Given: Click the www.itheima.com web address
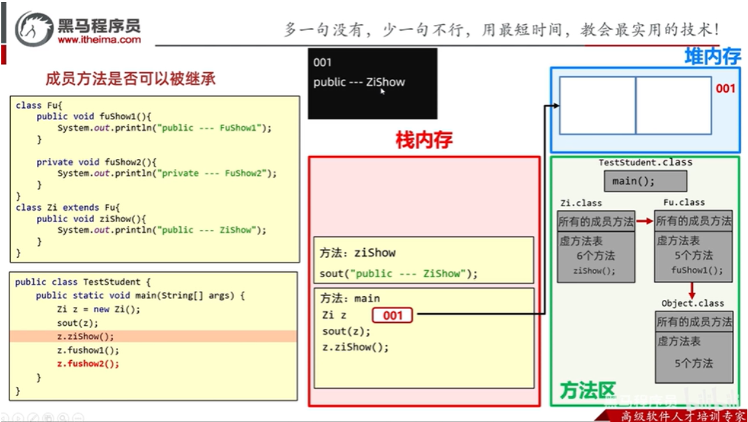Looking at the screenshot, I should [99, 40].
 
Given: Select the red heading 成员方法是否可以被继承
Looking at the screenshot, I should [130, 79].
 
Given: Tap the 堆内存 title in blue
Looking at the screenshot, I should [712, 56].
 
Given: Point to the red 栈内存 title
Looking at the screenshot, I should [424, 140].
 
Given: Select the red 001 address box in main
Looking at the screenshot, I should [392, 315].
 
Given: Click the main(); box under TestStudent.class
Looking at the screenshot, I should [645, 181].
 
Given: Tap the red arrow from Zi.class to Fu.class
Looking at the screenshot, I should [645, 222].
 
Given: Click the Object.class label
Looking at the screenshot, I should [692, 303].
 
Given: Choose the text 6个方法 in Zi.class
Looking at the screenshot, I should [595, 256].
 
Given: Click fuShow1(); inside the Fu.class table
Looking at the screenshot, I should [697, 270].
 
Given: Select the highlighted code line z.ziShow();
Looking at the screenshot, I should [86, 336].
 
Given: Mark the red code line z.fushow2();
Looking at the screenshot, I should [88, 364].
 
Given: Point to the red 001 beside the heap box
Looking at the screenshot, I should [725, 89].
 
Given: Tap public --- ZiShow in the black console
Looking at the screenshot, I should [359, 82].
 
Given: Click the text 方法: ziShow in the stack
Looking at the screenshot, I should [358, 253].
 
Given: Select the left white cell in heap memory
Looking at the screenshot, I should [597, 105].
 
